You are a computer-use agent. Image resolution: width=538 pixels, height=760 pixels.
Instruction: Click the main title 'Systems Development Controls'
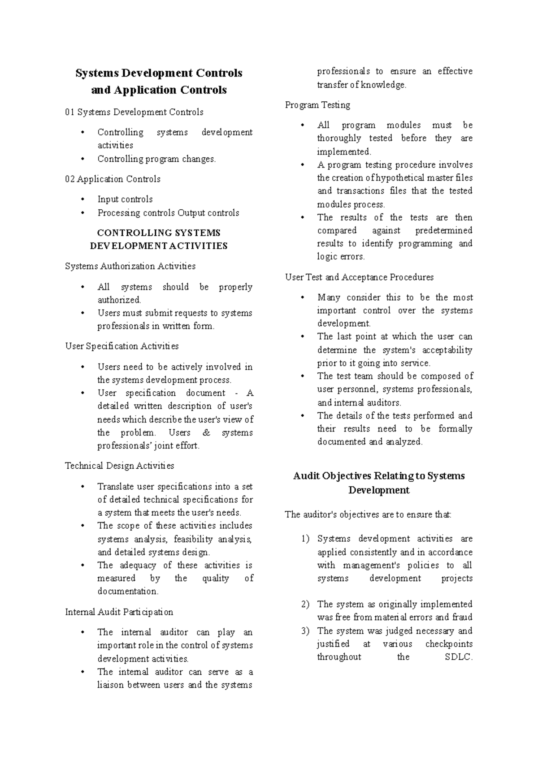pos(159,73)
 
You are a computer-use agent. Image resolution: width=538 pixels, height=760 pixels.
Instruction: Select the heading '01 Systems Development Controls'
pos(134,112)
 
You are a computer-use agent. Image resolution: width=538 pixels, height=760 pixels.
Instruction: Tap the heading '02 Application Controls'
pos(113,179)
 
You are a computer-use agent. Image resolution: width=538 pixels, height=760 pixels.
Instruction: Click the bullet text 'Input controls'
pos(125,199)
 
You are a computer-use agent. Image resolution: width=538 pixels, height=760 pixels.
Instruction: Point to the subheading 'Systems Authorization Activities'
pos(130,266)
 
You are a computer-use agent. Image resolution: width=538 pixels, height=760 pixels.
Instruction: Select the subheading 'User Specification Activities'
pos(121,346)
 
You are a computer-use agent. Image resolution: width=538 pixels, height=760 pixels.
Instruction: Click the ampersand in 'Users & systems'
pos(206,433)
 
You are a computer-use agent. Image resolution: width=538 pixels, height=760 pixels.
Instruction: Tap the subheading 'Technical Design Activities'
pos(119,466)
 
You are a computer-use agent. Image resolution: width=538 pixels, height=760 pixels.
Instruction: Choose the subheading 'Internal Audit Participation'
pos(119,612)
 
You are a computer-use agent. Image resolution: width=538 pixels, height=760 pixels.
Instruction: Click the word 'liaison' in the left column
pos(110,685)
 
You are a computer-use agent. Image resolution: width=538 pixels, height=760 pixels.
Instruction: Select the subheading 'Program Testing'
pos(317,105)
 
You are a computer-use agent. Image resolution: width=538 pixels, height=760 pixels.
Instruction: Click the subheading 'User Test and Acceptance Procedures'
pos(359,277)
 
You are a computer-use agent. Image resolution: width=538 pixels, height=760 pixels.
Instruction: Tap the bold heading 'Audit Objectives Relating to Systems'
pos(379,476)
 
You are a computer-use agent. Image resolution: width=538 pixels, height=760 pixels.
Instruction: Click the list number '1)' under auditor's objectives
pos(305,539)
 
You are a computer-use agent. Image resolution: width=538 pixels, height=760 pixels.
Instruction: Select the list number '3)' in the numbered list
pos(305,631)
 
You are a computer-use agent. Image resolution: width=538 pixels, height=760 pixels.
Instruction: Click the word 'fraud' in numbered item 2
pos(462,617)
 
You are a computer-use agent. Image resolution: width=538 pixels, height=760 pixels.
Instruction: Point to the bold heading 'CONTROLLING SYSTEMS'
pos(159,233)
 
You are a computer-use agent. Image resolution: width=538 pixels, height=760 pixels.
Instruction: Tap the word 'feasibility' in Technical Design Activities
pos(193,539)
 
